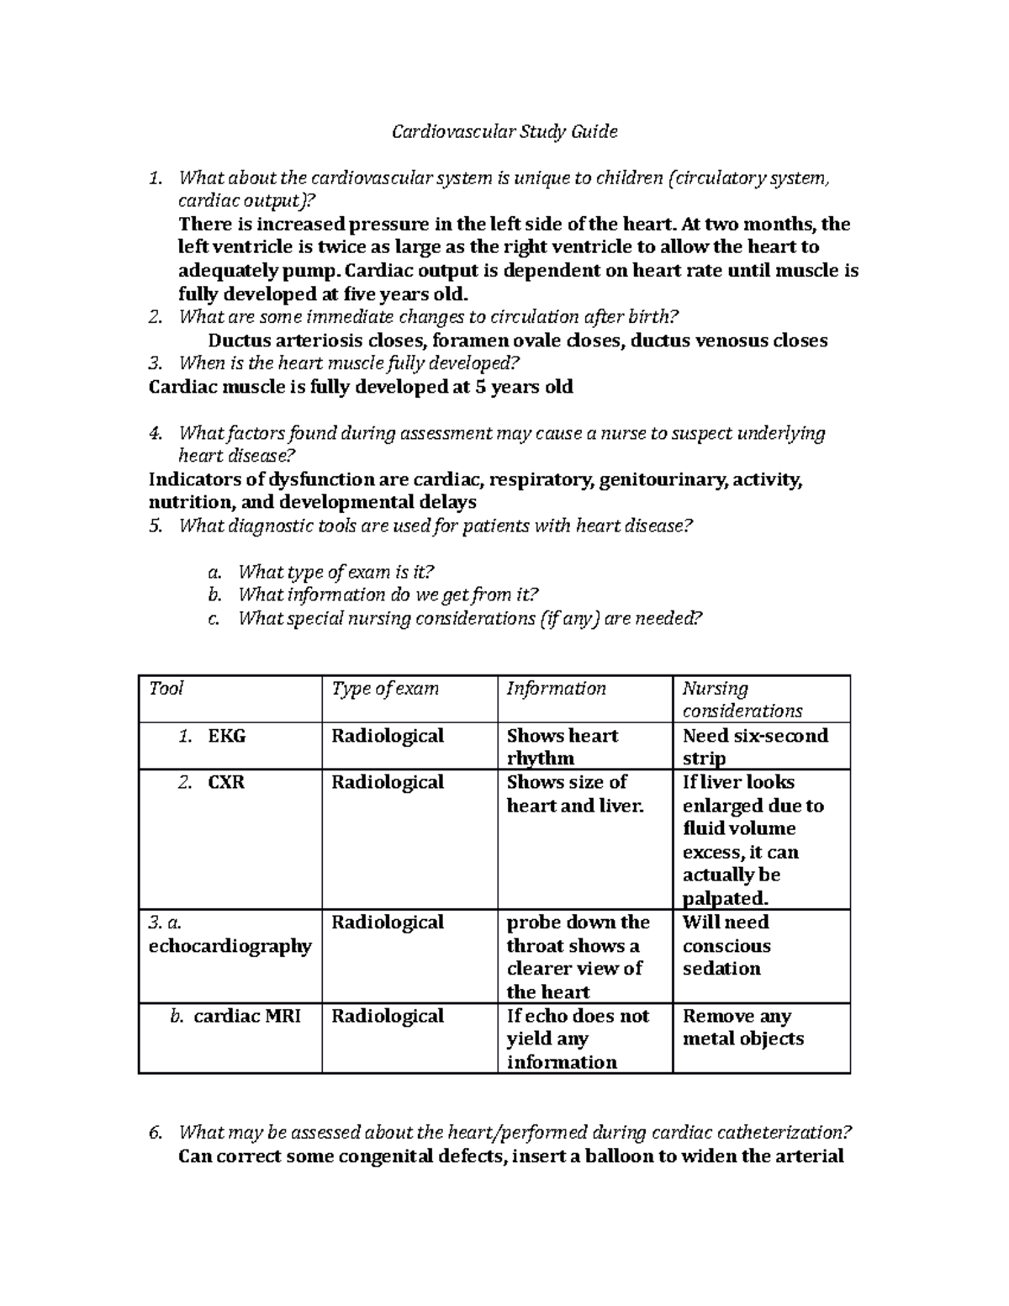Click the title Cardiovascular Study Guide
[x=504, y=131]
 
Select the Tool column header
[x=166, y=689]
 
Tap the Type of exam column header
[x=385, y=689]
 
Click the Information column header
[x=556, y=689]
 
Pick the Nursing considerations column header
[x=742, y=700]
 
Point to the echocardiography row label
[x=230, y=946]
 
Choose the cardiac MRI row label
[x=246, y=1016]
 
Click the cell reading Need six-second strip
[x=754, y=747]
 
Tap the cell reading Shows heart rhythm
[x=562, y=747]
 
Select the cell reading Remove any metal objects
[x=742, y=1028]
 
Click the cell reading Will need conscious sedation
[x=726, y=945]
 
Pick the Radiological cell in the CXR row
[x=388, y=782]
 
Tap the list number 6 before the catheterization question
[x=154, y=1132]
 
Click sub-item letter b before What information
[x=214, y=595]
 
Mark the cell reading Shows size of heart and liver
[x=574, y=794]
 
